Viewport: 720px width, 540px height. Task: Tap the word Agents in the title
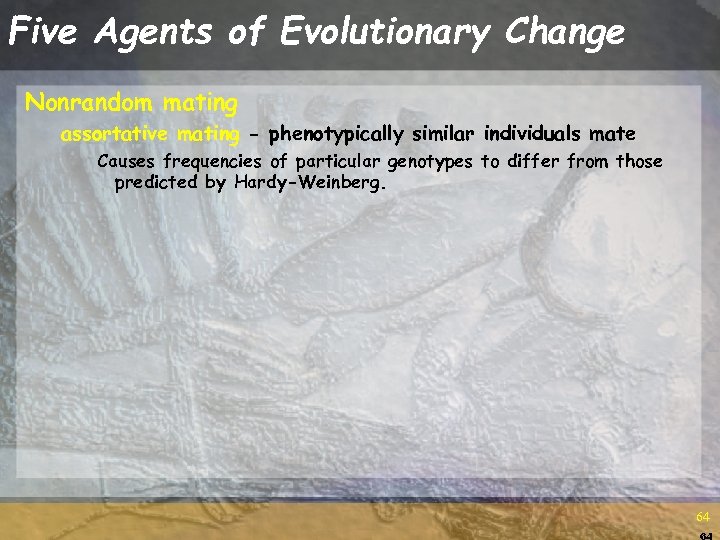coord(154,32)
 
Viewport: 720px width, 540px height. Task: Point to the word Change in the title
coord(565,32)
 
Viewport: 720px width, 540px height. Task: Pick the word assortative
coord(115,134)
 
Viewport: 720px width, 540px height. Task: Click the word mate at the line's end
coord(613,134)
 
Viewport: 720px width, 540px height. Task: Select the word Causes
coord(127,162)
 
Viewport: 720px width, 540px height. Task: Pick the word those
coord(639,162)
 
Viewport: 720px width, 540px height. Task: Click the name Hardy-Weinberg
coord(308,183)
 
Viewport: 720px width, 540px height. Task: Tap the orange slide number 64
coord(703,517)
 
